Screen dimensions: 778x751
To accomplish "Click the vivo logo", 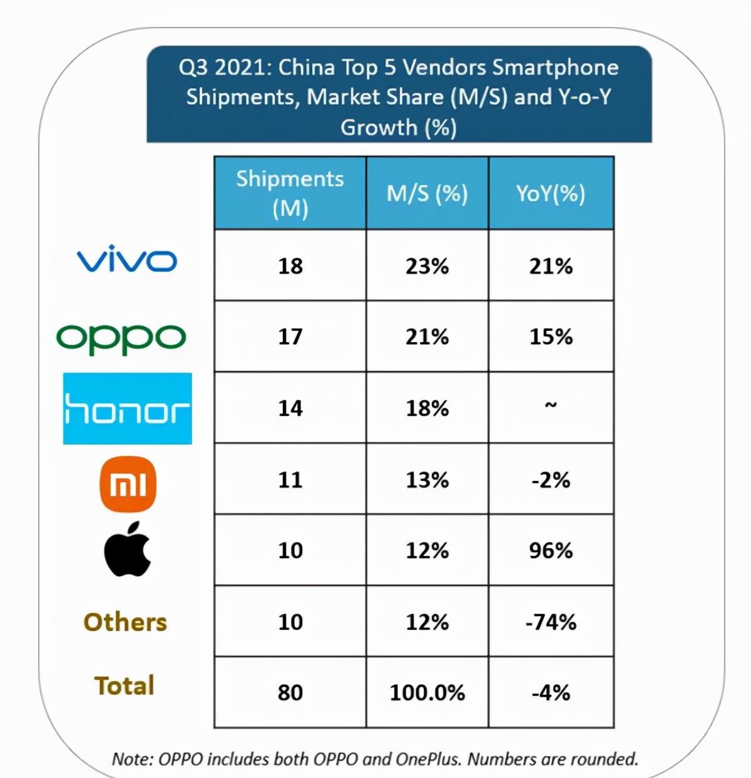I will pos(126,261).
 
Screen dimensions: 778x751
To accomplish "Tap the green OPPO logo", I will pos(121,338).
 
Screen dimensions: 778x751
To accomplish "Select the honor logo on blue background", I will pos(128,409).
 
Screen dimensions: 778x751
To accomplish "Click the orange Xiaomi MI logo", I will pos(128,484).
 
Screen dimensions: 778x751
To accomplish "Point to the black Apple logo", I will pos(128,549).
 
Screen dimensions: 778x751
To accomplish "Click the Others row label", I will pos(125,622).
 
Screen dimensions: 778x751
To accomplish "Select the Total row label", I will pos(125,686).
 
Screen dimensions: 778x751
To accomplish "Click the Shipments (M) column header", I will pos(290,193).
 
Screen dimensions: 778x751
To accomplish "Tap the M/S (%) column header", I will pos(427,193).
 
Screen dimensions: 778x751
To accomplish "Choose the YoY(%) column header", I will pos(551,193).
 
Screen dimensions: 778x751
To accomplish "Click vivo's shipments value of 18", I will pos(290,266).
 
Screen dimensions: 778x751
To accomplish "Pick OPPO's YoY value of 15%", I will pos(551,337).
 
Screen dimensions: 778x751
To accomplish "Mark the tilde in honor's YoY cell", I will pos(551,406).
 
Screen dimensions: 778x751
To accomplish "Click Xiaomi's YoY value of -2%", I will pos(551,480).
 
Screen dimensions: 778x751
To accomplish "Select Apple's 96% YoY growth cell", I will pos(551,551).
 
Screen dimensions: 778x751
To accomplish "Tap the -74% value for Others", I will pos(551,622).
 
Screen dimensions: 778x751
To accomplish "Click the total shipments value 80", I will pos(290,693).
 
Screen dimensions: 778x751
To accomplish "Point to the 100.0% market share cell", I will pos(427,693).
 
